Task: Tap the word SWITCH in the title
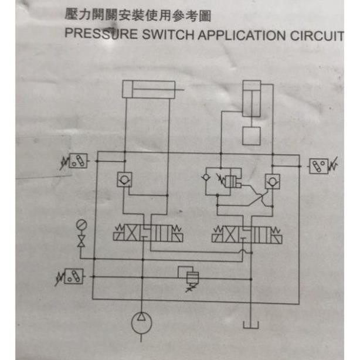(167, 34)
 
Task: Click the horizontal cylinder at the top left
(148, 90)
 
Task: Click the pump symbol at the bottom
(141, 322)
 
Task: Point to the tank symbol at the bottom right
(251, 324)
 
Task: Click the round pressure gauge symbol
(81, 225)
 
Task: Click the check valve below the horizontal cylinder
(124, 179)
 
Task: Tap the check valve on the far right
(271, 181)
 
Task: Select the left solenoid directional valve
(148, 236)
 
